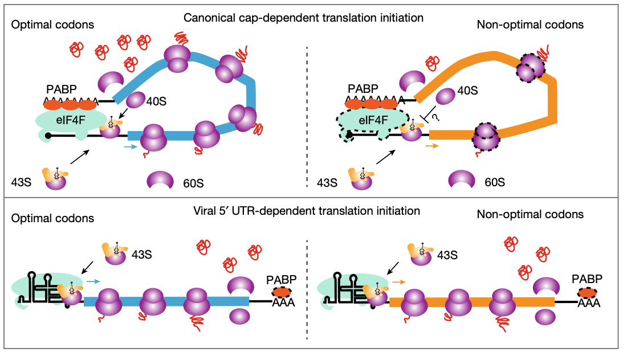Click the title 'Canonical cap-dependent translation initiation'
303,18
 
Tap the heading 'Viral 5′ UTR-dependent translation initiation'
307,211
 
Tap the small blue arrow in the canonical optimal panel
131,147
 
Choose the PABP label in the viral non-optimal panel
587,279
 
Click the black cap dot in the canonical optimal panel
48,136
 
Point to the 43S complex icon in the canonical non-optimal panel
358,178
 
